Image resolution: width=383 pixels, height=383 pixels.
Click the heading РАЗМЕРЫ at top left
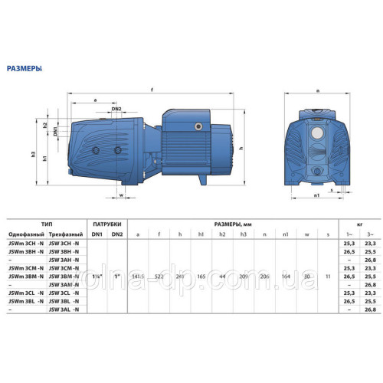click(24, 67)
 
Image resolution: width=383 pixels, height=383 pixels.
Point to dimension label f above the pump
click(152, 90)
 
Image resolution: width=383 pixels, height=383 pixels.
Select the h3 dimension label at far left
click(34, 154)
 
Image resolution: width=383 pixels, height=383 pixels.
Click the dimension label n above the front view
click(317, 90)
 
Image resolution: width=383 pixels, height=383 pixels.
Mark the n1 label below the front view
click(316, 195)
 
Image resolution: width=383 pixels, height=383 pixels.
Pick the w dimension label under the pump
click(122, 195)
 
